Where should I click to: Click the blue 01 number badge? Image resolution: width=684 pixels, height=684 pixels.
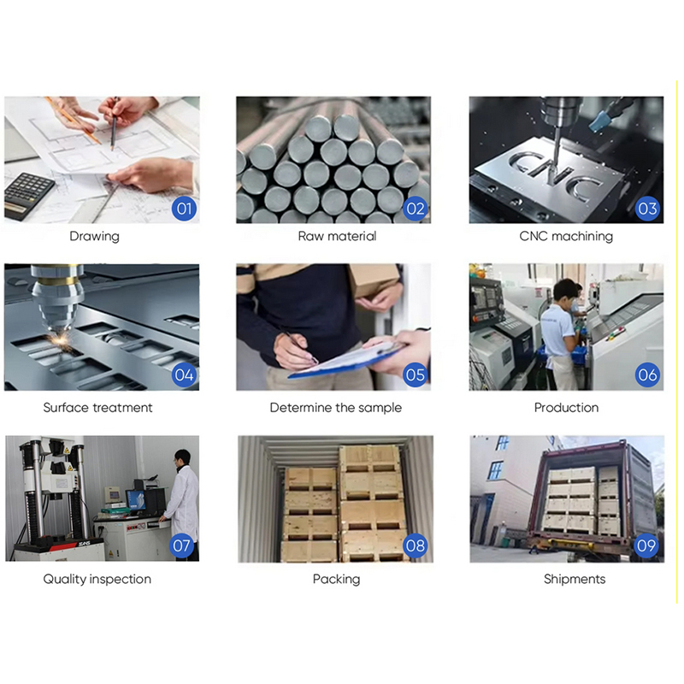tap(184, 208)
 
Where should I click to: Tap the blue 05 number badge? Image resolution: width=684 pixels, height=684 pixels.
tap(416, 374)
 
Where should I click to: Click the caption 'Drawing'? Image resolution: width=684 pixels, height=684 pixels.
tap(94, 236)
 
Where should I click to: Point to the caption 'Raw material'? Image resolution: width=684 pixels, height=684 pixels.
tap(336, 236)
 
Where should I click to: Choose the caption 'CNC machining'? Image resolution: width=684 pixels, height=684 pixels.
tap(566, 236)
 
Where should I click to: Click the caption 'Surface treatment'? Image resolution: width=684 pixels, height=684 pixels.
tap(97, 408)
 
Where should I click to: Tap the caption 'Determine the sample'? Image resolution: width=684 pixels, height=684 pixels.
tap(335, 408)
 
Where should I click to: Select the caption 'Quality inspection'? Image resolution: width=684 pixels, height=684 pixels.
tap(97, 579)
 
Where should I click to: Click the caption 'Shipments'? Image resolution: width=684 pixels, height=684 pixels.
tap(574, 579)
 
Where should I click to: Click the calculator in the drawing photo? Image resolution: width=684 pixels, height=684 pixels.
tap(29, 194)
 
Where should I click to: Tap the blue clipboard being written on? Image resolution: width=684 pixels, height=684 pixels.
tap(342, 357)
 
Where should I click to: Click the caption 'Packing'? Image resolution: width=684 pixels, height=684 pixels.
tap(336, 579)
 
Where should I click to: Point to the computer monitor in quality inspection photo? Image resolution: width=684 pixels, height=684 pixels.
tap(135, 499)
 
